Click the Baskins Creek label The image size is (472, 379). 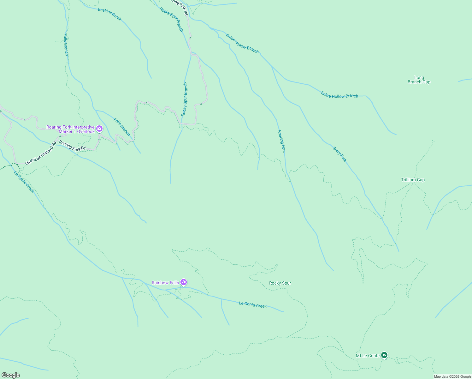109,14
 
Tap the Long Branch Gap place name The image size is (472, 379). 419,80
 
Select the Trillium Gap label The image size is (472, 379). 413,180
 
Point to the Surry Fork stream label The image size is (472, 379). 339,154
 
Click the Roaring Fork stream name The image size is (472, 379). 281,141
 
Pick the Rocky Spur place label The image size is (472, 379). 280,283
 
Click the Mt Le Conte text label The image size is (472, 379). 368,356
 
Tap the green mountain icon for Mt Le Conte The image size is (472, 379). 384,355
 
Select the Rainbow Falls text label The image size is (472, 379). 165,283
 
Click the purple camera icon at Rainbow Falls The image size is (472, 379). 184,282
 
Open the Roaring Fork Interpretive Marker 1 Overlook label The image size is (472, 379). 71,129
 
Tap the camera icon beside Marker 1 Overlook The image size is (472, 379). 99,129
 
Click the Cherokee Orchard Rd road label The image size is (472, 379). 40,153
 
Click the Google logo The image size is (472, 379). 11,375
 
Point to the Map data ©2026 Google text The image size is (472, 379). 452,376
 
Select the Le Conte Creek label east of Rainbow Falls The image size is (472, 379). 253,305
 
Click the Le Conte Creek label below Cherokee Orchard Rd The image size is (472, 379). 24,182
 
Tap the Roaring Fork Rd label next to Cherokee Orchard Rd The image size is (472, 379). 72,145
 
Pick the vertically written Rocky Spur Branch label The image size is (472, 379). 184,99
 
